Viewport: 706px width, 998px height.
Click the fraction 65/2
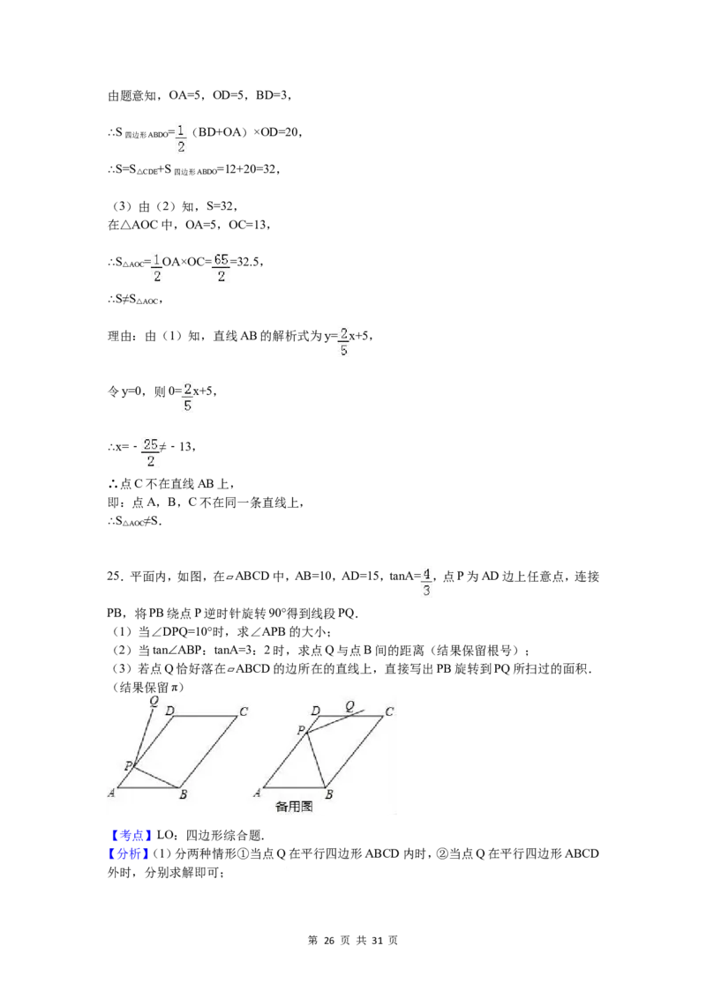[x=218, y=267]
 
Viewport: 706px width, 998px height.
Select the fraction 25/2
[x=148, y=452]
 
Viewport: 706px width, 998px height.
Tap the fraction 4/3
[x=427, y=582]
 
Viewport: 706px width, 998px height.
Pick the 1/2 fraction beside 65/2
[x=158, y=267]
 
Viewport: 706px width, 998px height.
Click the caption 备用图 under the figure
[x=295, y=804]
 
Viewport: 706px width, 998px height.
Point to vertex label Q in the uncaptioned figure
[x=154, y=701]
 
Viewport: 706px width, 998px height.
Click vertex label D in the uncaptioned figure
[x=169, y=711]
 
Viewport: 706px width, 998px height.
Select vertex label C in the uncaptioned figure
[x=243, y=711]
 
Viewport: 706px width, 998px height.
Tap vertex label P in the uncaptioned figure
[x=127, y=765]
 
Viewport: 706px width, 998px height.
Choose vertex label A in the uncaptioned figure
[x=112, y=793]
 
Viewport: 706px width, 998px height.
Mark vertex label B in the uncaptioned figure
[x=183, y=794]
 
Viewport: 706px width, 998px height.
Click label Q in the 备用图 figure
[x=349, y=705]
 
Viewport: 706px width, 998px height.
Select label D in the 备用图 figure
[x=315, y=711]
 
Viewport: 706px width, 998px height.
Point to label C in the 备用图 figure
[x=388, y=711]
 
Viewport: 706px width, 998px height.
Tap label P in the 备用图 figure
[x=301, y=730]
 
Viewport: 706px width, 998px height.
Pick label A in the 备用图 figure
[x=257, y=793]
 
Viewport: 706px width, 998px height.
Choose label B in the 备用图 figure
[x=328, y=794]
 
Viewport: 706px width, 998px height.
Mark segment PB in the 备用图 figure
[x=317, y=760]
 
